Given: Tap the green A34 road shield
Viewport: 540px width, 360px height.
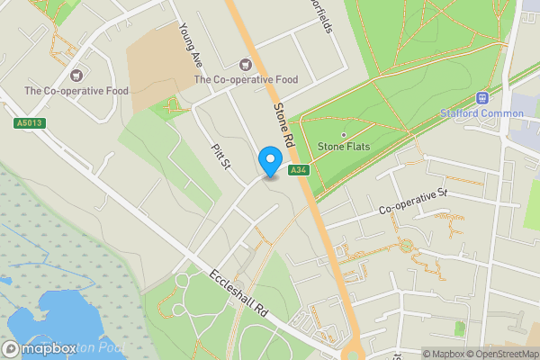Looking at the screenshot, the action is tap(298, 169).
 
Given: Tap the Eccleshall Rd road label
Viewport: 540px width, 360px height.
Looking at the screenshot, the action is tap(239, 292).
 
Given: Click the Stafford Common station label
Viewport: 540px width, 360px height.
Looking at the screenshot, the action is tap(482, 113).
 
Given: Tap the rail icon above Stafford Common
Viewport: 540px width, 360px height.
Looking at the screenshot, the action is tap(482, 98).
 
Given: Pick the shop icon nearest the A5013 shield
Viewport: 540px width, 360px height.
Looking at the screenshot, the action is tap(76, 74).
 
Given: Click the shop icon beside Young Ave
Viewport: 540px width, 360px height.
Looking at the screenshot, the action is tap(245, 63).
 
